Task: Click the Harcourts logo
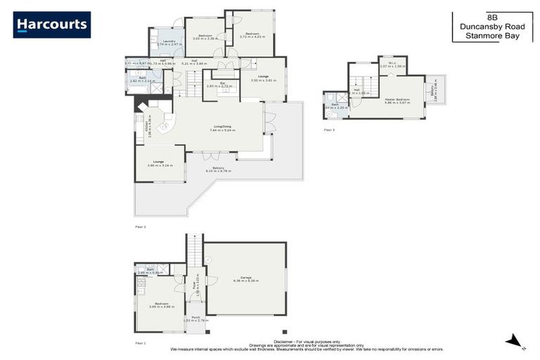[x=52, y=25]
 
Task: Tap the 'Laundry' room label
[x=169, y=41]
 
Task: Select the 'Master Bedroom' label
[x=397, y=99]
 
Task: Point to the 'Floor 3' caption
[x=329, y=130]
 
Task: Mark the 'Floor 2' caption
[x=140, y=228]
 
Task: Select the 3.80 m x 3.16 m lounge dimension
[x=159, y=165]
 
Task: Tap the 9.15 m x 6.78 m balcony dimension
[x=217, y=171]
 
